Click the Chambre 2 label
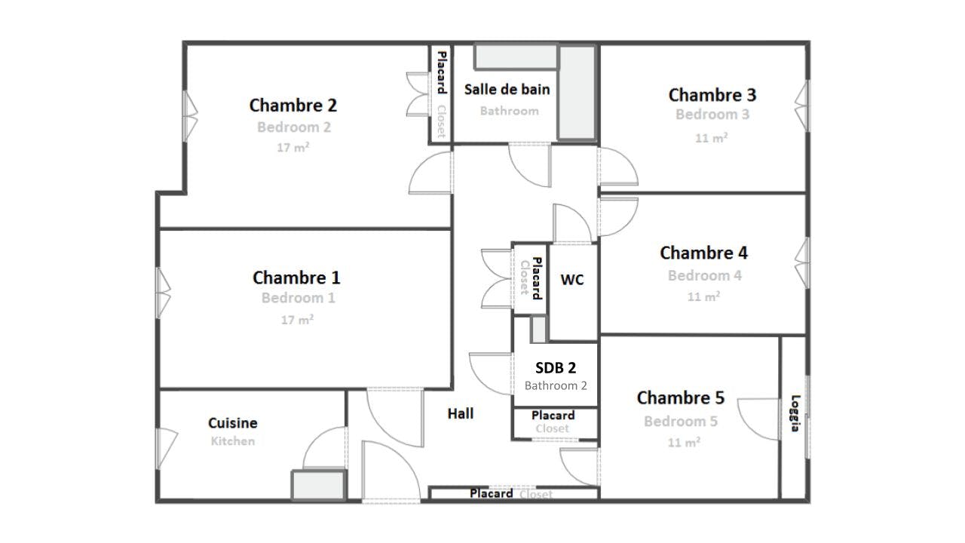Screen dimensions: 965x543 [293, 106]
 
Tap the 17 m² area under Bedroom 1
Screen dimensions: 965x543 [297, 319]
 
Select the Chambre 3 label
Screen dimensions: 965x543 [712, 95]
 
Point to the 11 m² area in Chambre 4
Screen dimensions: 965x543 [703, 296]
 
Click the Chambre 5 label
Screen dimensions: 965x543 [681, 397]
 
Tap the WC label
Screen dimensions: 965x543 [572, 280]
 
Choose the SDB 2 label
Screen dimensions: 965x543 [556, 367]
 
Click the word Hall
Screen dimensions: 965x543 [461, 414]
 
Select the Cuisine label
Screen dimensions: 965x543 [233, 423]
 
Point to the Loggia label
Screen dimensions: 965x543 [795, 413]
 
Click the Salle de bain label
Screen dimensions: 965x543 [507, 89]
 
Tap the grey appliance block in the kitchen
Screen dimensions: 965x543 [319, 485]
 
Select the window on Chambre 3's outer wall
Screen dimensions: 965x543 [801, 106]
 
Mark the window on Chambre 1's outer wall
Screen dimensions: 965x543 [164, 293]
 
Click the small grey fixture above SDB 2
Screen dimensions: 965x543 [538, 330]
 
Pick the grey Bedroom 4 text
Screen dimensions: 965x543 [705, 275]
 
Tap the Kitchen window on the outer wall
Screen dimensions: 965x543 [167, 448]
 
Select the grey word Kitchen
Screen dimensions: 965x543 [233, 441]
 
